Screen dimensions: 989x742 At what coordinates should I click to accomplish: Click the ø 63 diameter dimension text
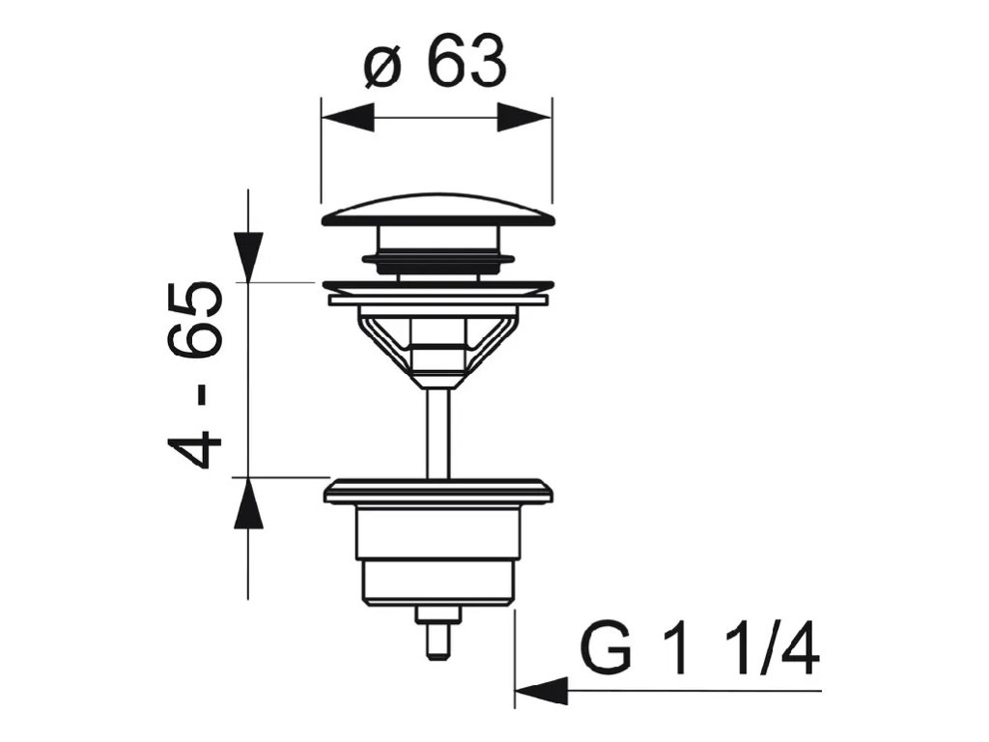[x=436, y=65]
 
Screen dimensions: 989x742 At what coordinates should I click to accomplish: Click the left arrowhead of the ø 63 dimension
[x=348, y=119]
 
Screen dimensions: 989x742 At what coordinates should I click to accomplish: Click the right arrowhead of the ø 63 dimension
[x=523, y=119]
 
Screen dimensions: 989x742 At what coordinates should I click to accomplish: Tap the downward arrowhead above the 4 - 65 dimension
[x=248, y=256]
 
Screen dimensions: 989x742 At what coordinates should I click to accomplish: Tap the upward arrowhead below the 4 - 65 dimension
[x=248, y=503]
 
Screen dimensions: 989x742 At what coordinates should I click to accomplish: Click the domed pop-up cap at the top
[x=438, y=212]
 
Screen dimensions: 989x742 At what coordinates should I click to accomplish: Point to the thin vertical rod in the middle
[x=438, y=430]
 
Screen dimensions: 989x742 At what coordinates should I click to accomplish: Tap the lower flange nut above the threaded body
[x=438, y=492]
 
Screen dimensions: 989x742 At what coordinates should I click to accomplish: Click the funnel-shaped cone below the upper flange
[x=438, y=343]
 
